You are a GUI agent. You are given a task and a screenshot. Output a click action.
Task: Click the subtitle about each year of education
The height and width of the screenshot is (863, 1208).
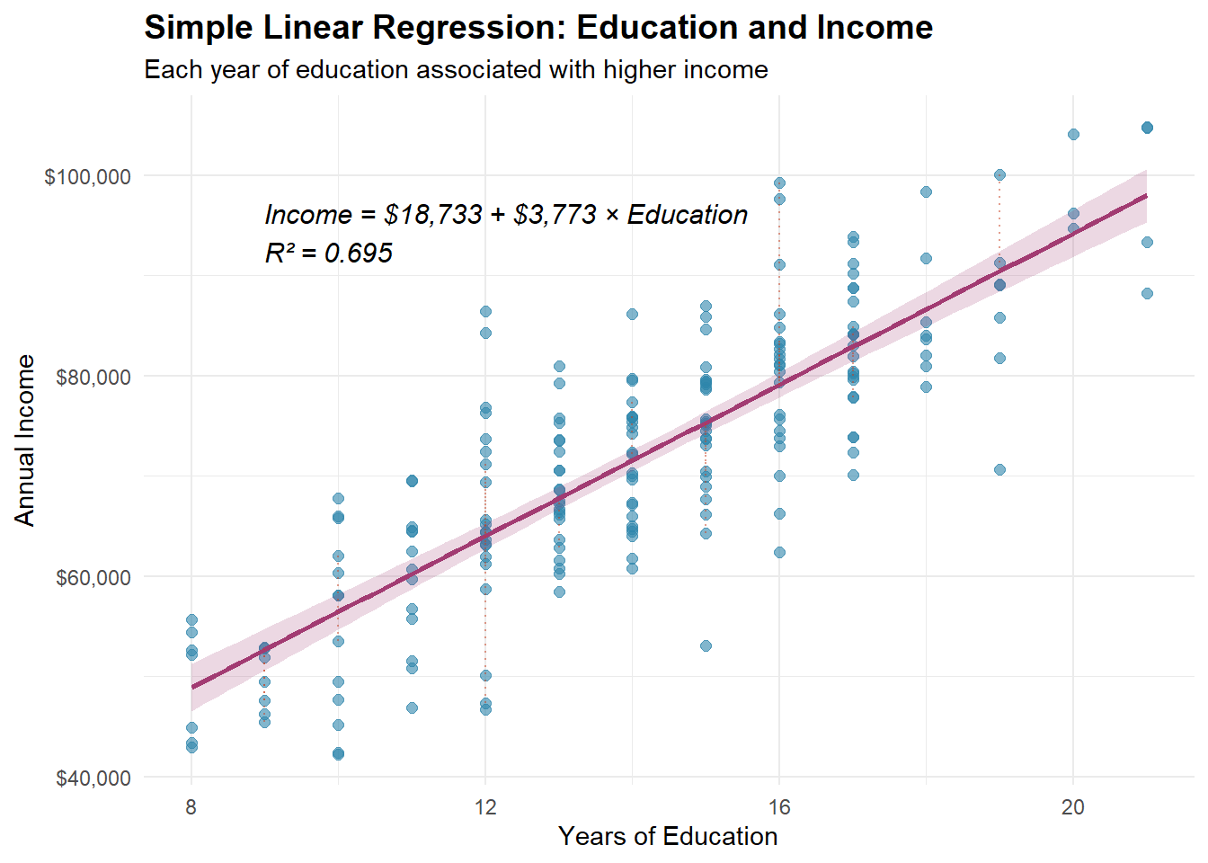456,70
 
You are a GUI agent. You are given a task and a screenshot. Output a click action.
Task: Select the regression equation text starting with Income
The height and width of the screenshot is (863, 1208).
506,215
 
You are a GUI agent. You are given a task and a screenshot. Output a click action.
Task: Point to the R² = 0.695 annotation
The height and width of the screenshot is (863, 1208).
328,254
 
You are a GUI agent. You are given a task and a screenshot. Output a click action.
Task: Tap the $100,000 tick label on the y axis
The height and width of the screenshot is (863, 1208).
87,176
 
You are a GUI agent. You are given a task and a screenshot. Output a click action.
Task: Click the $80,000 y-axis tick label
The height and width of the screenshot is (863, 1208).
93,377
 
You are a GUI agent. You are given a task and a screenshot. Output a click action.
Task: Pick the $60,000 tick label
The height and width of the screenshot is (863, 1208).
93,577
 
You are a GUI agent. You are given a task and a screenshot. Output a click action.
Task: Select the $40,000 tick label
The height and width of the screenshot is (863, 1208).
93,778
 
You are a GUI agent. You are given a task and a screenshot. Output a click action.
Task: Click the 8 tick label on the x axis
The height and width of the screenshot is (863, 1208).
191,807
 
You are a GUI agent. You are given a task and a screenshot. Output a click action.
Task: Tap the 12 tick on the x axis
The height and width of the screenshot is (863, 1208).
485,807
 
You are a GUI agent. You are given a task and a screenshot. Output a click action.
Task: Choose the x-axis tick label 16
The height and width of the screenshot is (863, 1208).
779,807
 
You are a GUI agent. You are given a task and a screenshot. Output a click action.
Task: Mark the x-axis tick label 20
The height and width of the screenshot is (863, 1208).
1073,807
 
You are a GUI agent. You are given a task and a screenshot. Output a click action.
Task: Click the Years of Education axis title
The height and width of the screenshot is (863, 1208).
668,837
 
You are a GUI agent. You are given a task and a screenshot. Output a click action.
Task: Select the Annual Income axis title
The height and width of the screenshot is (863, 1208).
24,440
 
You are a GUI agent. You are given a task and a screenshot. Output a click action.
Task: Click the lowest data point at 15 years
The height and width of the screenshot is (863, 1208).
706,645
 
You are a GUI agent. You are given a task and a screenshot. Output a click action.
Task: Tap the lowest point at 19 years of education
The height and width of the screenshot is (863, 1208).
999,469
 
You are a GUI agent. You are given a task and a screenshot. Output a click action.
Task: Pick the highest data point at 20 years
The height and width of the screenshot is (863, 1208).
1073,135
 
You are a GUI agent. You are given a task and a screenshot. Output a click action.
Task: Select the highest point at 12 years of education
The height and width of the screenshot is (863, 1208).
485,311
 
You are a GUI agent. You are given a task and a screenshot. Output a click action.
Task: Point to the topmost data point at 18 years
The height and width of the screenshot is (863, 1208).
926,191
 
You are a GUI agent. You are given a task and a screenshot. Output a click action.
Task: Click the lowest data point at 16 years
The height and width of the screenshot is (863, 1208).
779,552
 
